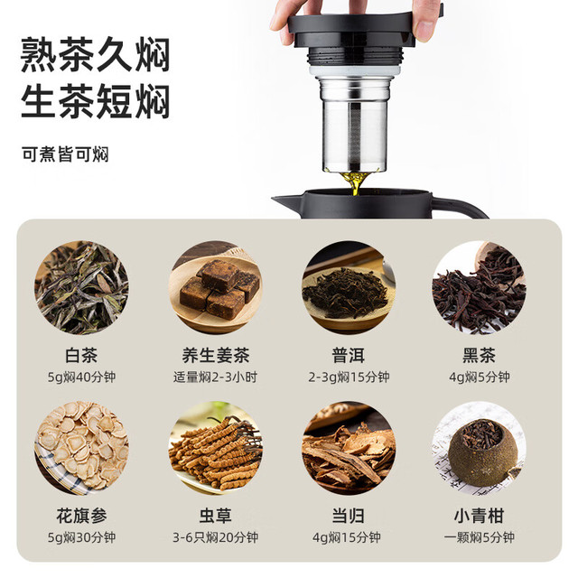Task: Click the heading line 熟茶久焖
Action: click(95, 54)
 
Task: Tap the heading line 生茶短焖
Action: click(95, 101)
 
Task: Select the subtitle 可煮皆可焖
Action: click(65, 154)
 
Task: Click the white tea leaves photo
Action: click(81, 287)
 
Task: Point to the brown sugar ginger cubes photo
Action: click(216, 287)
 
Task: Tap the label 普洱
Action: click(349, 355)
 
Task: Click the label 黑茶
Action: click(480, 355)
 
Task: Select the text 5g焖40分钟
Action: click(81, 378)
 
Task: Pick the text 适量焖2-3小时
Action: click(215, 378)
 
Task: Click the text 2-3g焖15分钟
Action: click(349, 378)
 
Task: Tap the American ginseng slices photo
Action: click(81, 448)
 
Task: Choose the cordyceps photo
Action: click(216, 448)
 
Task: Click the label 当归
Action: click(349, 516)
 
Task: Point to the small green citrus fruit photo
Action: click(480, 448)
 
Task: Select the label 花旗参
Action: click(81, 516)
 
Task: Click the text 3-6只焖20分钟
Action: click(215, 537)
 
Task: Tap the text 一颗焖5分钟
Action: click(480, 537)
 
